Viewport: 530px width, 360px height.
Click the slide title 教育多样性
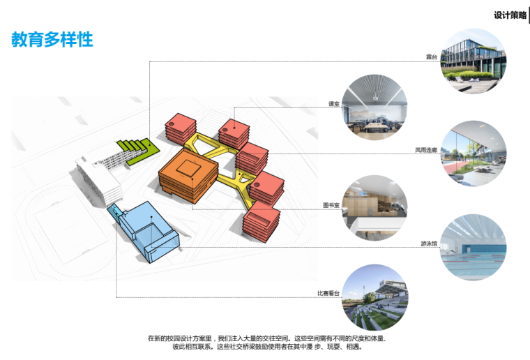52,40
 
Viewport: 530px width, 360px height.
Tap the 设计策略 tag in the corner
510,15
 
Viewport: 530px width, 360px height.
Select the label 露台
432,56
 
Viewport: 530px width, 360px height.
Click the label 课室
333,105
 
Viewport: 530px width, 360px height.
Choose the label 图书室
331,206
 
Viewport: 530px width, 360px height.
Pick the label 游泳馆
428,243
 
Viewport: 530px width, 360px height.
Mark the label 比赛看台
328,294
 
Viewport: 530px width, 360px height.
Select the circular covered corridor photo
474,155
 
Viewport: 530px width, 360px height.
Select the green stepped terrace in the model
137,147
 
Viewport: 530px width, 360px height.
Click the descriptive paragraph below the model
266,341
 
